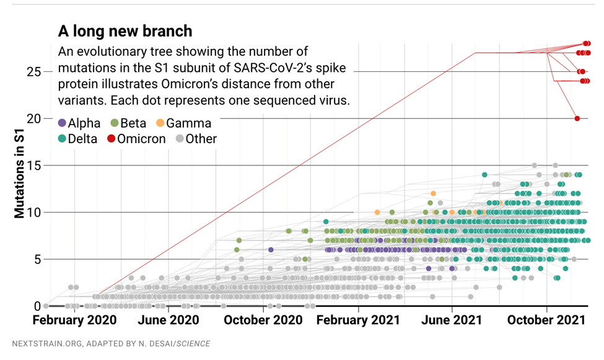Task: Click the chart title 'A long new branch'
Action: coord(125,30)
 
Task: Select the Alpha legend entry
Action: coord(79,123)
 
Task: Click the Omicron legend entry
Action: coord(136,139)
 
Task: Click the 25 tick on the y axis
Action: coord(34,72)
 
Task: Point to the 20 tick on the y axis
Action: coord(34,118)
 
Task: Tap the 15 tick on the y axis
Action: coord(34,165)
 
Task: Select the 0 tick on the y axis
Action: coord(38,306)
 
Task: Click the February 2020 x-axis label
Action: coord(74,320)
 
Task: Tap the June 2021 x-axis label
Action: coord(452,320)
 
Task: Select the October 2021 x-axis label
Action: coord(546,320)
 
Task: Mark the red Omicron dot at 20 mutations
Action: coord(577,118)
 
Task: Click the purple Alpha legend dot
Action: coord(62,123)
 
